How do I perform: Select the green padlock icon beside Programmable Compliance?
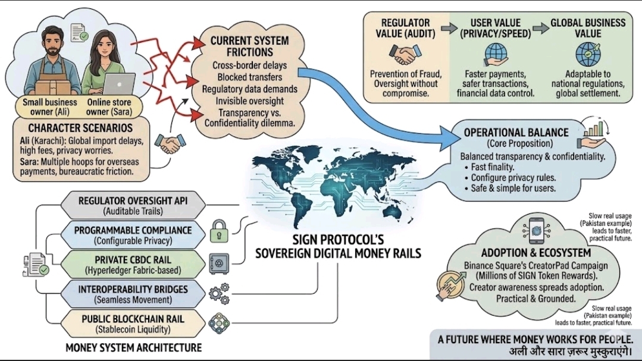click(x=218, y=231)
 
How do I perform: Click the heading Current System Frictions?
click(x=249, y=46)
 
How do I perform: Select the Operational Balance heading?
click(x=515, y=133)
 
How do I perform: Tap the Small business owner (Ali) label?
click(x=50, y=106)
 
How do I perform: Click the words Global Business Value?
click(x=587, y=27)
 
